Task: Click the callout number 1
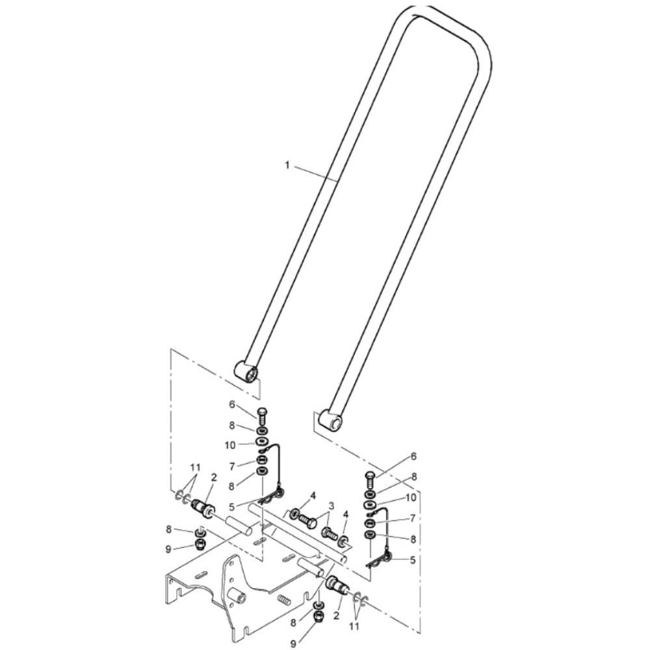pos(287,165)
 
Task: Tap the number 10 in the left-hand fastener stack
pos(230,445)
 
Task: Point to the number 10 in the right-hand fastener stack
pos(411,497)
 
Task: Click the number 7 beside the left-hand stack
pos(233,467)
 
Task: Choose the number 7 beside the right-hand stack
pos(413,518)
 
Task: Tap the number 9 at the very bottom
pos(294,643)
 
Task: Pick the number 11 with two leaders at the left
pos(195,467)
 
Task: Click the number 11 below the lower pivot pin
pos(354,626)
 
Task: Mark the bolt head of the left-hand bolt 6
pos(263,411)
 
